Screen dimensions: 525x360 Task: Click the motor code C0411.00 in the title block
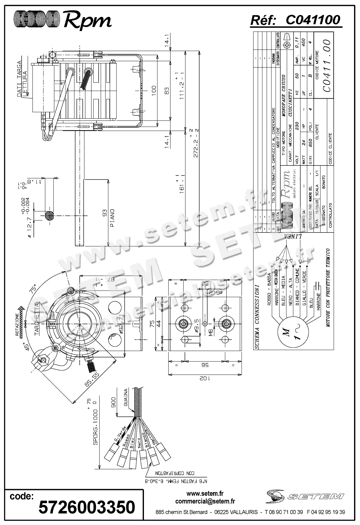click(x=326, y=66)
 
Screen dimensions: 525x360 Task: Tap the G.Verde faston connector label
click(x=121, y=434)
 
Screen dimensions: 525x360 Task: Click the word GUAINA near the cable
click(x=126, y=397)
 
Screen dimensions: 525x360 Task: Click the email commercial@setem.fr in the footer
click(x=205, y=502)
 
